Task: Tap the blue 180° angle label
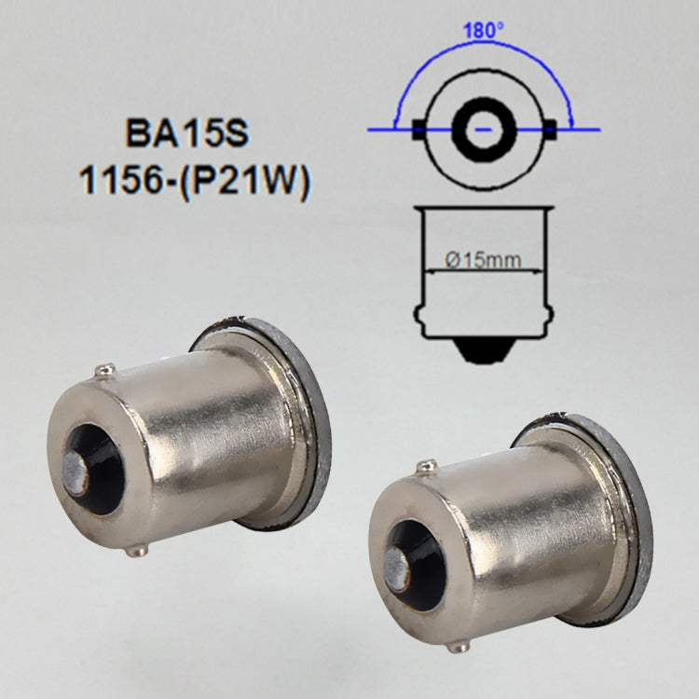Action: pos(484,29)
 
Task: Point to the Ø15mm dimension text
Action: pos(483,260)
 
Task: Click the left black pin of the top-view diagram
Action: pos(418,130)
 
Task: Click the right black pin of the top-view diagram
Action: pos(551,130)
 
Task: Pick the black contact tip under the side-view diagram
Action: pos(484,351)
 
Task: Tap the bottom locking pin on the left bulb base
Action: pos(137,551)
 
